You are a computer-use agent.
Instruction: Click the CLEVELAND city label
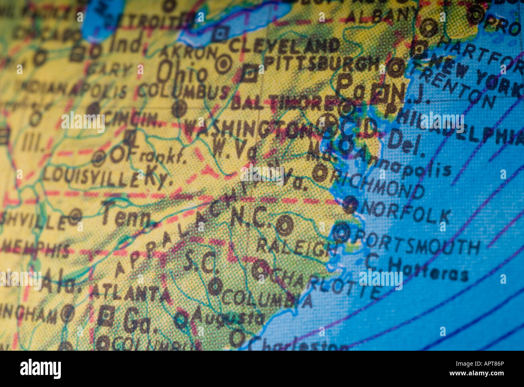[284, 46]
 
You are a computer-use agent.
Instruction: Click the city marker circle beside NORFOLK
[350, 205]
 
